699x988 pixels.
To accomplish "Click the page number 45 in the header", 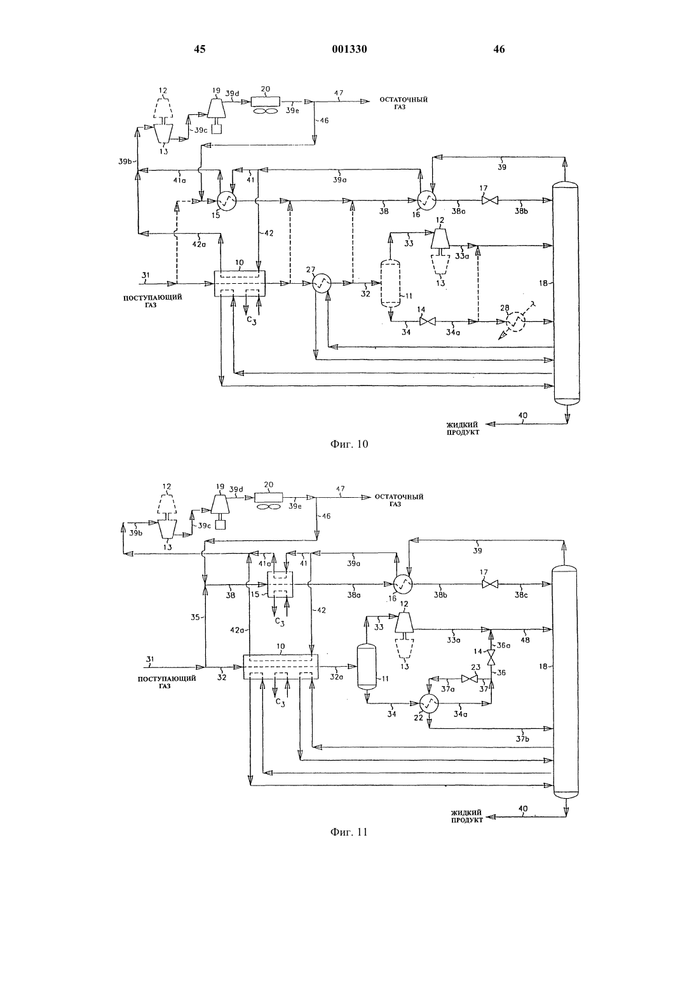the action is tap(200, 49).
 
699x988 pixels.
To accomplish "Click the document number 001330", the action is tap(349, 49).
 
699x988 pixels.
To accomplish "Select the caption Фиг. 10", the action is tap(349, 444).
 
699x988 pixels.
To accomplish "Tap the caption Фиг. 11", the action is tap(349, 832).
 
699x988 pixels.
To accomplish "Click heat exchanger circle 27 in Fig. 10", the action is tap(322, 283).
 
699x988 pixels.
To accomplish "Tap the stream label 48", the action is tap(525, 640).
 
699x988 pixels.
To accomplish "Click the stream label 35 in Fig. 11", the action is tap(196, 617).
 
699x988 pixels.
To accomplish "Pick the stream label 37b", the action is tap(522, 739).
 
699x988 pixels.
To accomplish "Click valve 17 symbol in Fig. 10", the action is tap(489, 201).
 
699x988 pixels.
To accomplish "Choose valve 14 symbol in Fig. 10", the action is tap(427, 321).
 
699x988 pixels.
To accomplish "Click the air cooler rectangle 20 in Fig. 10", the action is tap(265, 101).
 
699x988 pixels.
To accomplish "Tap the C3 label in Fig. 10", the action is tap(252, 321).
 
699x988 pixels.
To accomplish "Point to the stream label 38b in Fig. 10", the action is tap(521, 211).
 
